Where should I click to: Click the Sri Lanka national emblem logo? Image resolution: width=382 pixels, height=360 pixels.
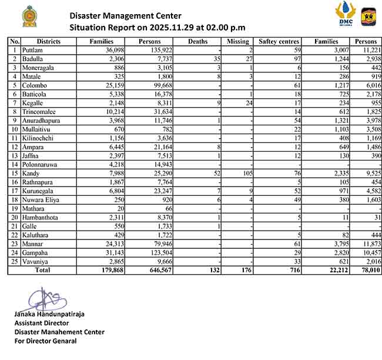28,16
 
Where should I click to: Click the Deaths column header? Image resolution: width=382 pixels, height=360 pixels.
197,42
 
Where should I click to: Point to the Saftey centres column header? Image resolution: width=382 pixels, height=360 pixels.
279,42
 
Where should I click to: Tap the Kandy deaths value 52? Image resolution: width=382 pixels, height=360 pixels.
216,174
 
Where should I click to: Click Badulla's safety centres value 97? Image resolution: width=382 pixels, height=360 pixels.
297,59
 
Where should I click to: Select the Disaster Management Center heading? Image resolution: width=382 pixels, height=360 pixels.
125,16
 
